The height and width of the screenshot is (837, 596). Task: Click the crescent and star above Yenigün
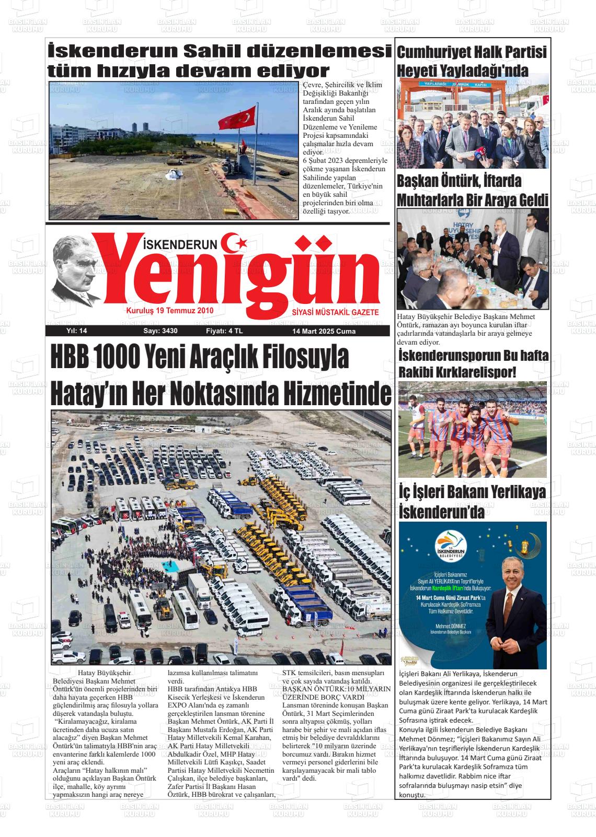(x=234, y=242)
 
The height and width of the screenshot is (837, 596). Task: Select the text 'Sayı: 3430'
(x=161, y=331)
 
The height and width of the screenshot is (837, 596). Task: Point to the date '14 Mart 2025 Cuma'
(x=324, y=331)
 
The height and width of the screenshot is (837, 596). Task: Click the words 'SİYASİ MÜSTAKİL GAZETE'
(x=335, y=312)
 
